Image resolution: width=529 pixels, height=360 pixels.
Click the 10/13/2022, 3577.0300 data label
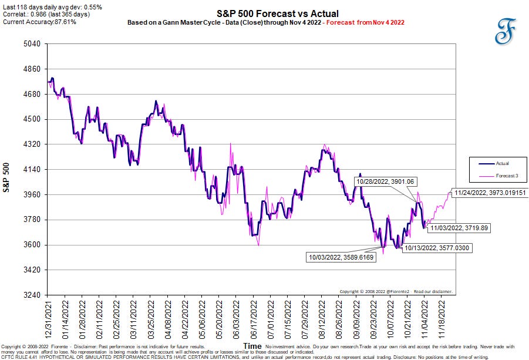click(x=437, y=248)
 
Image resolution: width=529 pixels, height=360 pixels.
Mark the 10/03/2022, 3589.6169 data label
click(x=341, y=257)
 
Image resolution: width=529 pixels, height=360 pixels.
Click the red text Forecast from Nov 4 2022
click(x=365, y=22)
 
